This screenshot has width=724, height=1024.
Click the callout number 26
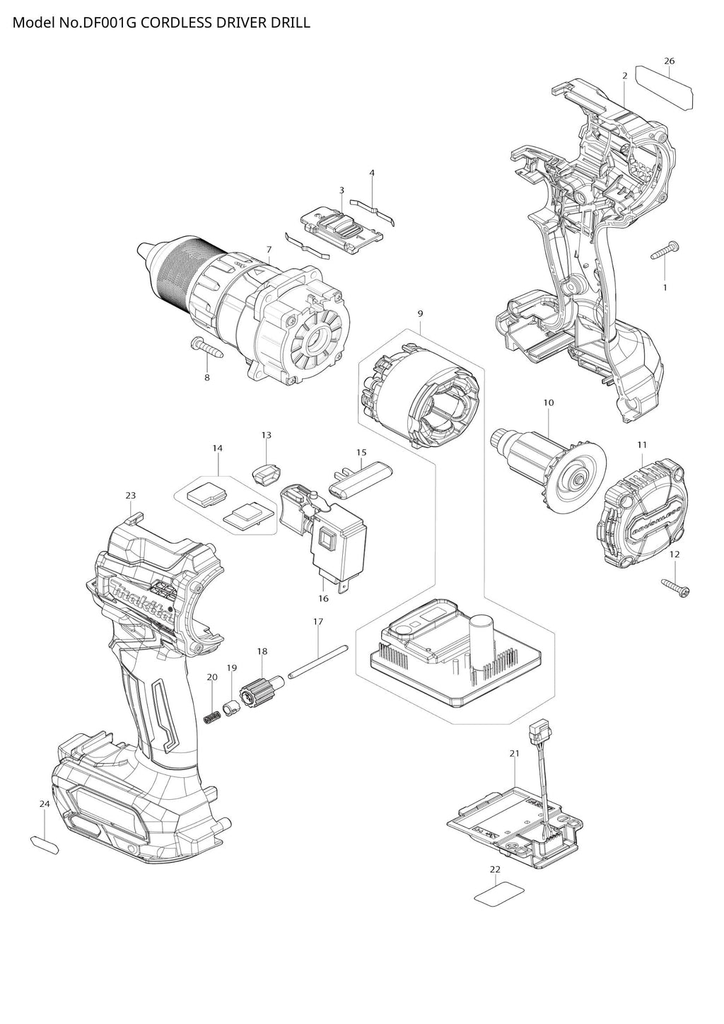pyautogui.click(x=669, y=61)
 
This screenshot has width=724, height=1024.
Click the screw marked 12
pyautogui.click(x=675, y=586)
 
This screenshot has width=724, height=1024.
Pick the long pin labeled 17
pyautogui.click(x=318, y=661)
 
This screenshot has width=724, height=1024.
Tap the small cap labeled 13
pyautogui.click(x=266, y=472)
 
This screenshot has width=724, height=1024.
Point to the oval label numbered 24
pyautogui.click(x=45, y=844)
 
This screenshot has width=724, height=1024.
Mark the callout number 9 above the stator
pyautogui.click(x=420, y=313)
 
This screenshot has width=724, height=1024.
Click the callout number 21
pyautogui.click(x=514, y=754)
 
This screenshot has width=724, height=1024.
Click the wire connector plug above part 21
pyautogui.click(x=538, y=732)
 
